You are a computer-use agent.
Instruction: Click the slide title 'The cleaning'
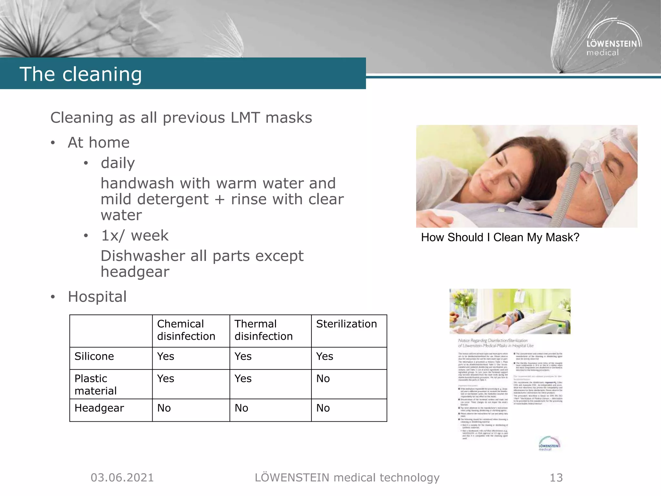(x=81, y=74)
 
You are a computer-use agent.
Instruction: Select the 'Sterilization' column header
(x=346, y=324)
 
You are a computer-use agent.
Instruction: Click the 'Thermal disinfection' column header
(x=263, y=330)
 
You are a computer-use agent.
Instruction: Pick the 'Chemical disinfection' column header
(x=186, y=330)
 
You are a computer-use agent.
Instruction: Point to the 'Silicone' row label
(x=94, y=356)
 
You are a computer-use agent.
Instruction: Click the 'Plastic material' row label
(x=95, y=385)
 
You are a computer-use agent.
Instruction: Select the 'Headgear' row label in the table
(x=99, y=408)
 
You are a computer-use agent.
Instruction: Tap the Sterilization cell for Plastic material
(x=323, y=378)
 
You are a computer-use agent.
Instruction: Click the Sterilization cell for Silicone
(x=325, y=356)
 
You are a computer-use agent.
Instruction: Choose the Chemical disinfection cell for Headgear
(x=164, y=408)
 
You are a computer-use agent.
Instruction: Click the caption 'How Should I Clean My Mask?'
(x=500, y=238)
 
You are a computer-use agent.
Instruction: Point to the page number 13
(x=556, y=478)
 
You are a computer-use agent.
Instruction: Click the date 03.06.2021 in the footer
(x=122, y=478)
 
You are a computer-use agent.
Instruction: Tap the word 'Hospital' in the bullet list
(x=97, y=296)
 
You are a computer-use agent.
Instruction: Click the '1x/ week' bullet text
(x=135, y=236)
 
